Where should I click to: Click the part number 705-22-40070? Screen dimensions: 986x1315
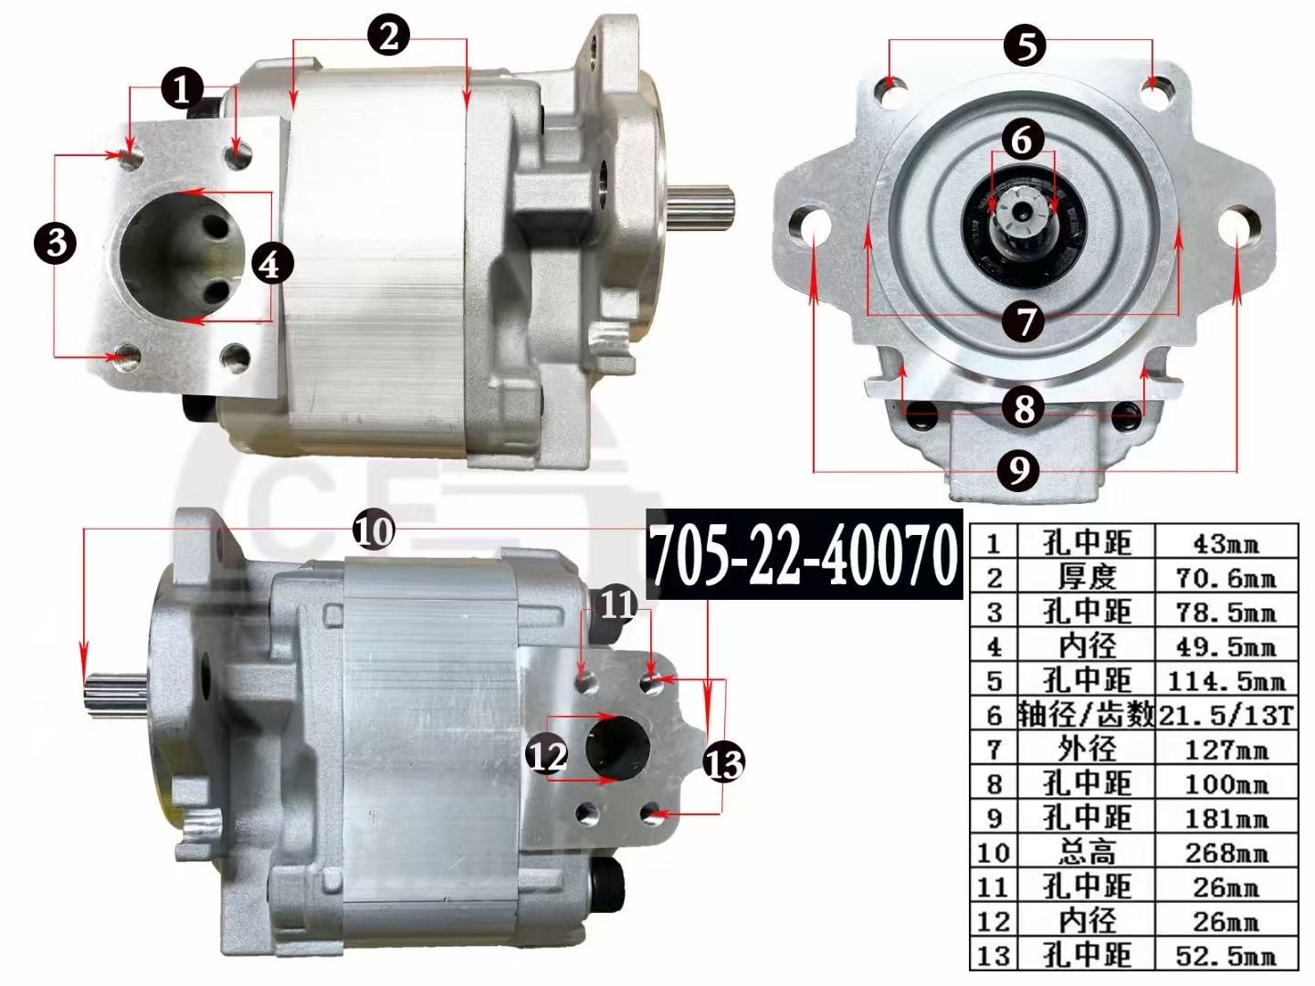(804, 555)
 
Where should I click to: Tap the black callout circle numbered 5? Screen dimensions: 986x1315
(1026, 46)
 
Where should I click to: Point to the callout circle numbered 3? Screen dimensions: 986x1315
(57, 243)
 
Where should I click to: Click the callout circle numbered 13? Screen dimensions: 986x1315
(724, 762)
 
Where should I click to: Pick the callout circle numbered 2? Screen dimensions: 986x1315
(389, 36)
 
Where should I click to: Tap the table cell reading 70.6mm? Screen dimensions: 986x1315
(1226, 577)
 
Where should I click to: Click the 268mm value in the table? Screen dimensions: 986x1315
(1226, 853)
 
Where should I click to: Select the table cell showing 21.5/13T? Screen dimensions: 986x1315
(1226, 714)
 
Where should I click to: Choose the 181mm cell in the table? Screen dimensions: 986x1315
(1226, 818)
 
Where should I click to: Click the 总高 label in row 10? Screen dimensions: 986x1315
(1087, 853)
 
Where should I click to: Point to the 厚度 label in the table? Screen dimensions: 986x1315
(1087, 577)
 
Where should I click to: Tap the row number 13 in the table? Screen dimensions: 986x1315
(994, 956)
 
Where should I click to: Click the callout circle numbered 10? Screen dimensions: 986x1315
(373, 531)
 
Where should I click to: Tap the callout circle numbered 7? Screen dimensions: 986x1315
(1024, 320)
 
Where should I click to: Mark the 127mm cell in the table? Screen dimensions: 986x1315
(1226, 750)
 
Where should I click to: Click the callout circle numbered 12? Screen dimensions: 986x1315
(548, 754)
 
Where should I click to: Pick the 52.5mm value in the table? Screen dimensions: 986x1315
(1226, 956)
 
